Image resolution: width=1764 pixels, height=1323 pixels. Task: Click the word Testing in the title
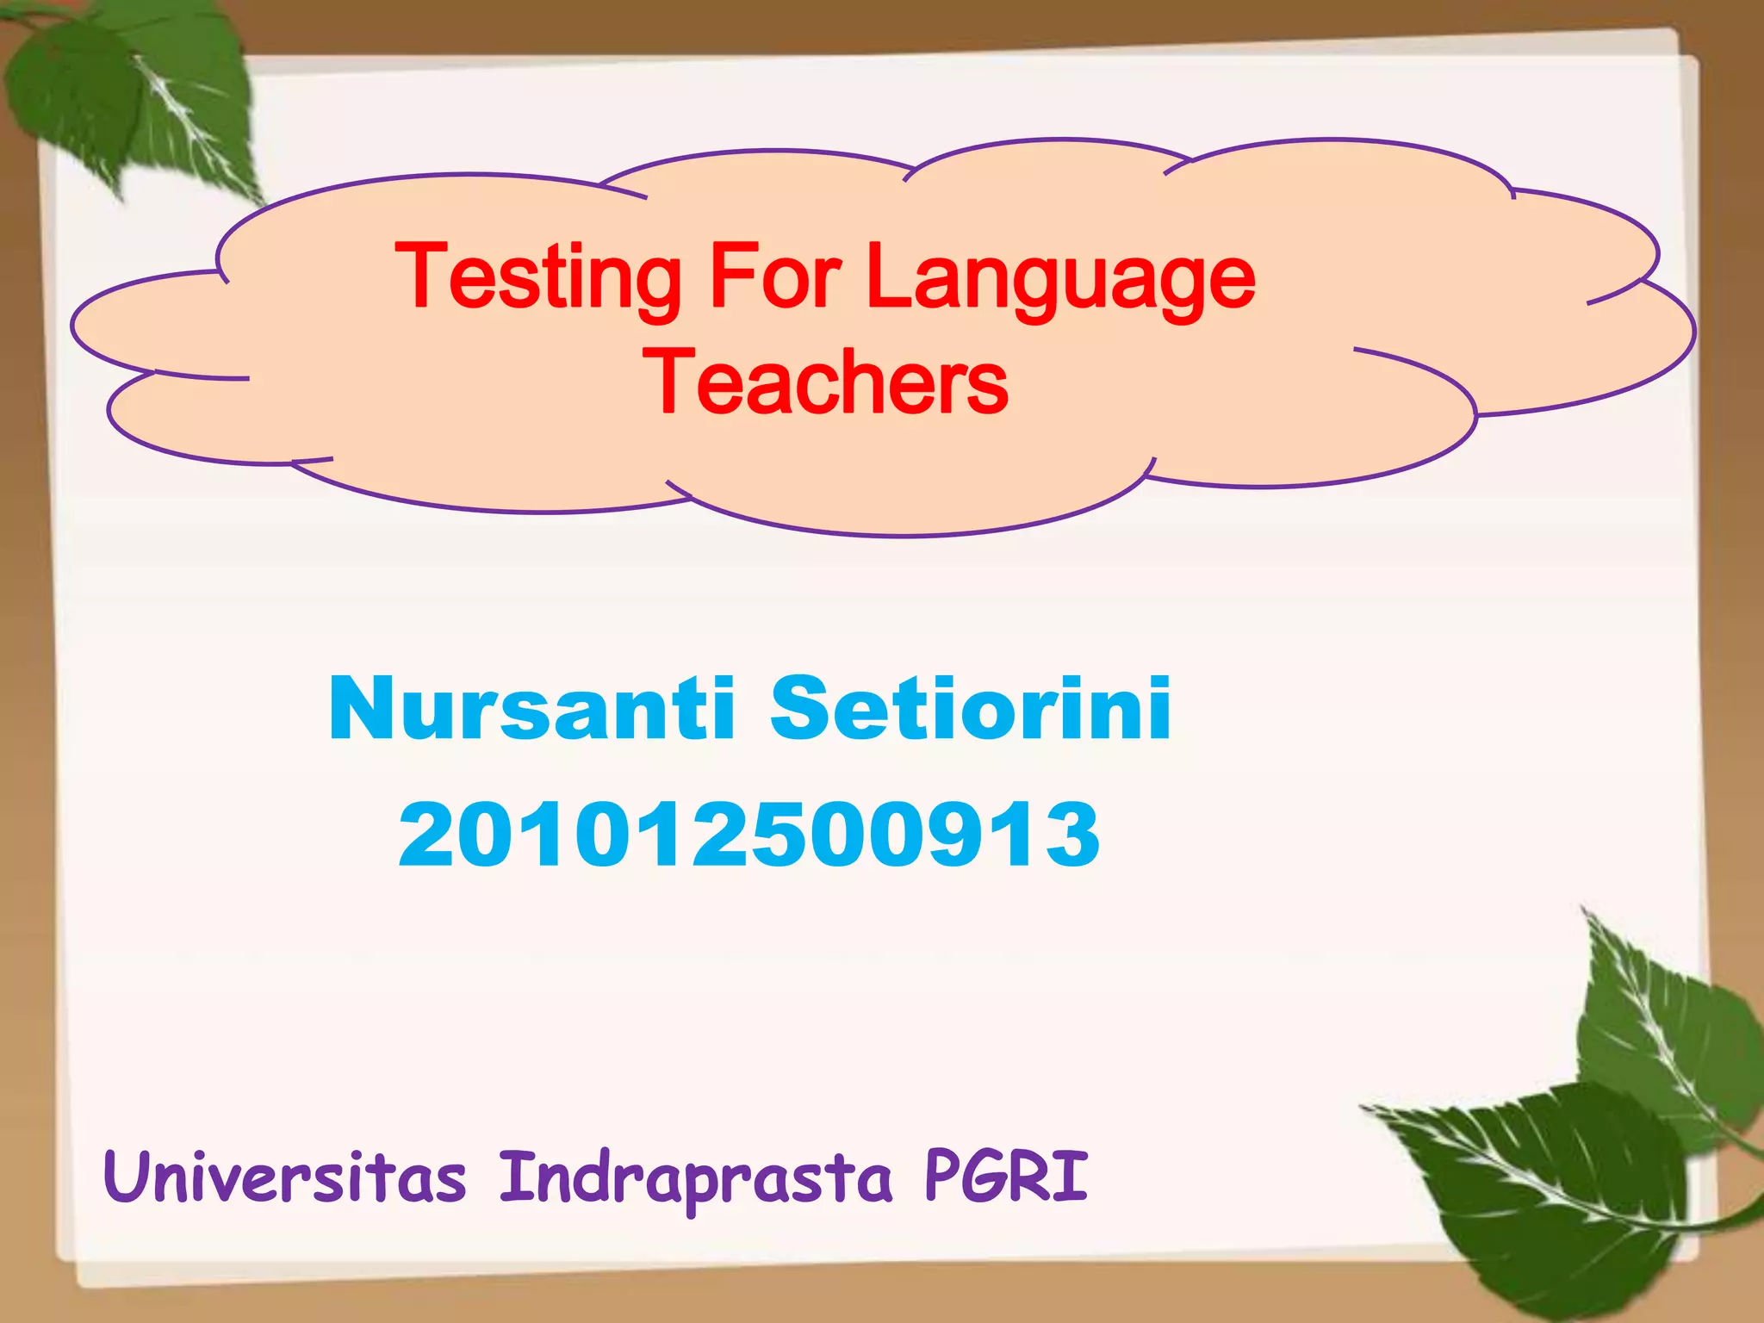(x=537, y=277)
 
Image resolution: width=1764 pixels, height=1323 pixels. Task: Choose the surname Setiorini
(x=970, y=708)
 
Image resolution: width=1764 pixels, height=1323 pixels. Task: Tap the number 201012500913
(x=748, y=834)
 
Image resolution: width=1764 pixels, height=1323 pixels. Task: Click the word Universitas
(x=284, y=1177)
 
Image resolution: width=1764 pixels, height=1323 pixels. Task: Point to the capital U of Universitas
(x=125, y=1177)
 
